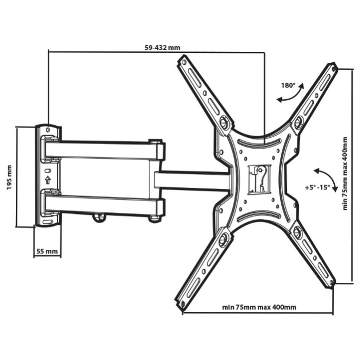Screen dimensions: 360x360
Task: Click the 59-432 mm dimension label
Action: point(163,48)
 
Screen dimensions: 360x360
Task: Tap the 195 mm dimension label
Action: point(9,177)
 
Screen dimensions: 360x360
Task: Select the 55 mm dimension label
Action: point(47,251)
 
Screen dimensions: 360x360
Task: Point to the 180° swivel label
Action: point(289,86)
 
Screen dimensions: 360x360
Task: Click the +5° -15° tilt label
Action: point(317,187)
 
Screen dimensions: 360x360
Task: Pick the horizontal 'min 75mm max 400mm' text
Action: point(259,307)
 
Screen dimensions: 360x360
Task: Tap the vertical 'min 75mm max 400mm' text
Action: point(345,174)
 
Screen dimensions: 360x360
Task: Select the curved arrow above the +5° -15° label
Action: point(327,177)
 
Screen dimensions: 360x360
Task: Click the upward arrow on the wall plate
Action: point(48,180)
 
